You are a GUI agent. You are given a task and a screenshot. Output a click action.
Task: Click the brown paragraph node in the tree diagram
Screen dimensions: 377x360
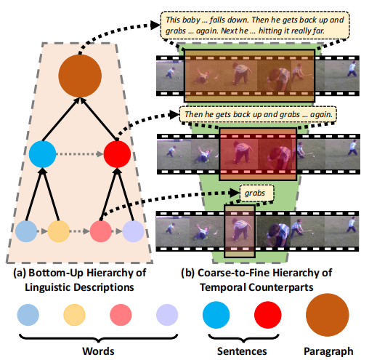80,76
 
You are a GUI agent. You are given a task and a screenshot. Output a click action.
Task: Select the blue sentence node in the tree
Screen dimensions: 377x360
42,154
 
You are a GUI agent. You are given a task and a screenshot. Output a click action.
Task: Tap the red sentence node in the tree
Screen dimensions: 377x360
117,154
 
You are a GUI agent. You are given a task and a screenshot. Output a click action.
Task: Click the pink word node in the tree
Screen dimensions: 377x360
101,231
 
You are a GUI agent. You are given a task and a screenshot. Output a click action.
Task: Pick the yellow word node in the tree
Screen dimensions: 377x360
59,231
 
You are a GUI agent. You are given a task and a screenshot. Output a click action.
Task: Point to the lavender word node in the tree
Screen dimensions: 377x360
133,231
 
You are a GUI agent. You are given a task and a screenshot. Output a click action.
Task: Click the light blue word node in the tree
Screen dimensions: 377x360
26,231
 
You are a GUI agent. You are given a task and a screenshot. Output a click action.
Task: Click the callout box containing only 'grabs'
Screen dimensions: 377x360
256,193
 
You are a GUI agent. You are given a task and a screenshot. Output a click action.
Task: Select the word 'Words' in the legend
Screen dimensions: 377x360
98,351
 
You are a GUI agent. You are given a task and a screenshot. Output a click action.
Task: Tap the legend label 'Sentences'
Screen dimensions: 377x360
242,351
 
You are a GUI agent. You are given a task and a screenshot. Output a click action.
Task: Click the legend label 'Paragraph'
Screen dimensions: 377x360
328,351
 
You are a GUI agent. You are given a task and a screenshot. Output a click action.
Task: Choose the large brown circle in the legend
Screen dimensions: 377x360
328,315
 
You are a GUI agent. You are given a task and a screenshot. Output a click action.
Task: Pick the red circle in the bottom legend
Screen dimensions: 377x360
268,315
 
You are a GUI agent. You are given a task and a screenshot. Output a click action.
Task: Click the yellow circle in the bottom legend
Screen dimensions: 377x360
74,315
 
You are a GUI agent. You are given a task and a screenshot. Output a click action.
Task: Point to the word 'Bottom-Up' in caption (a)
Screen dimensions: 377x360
56,273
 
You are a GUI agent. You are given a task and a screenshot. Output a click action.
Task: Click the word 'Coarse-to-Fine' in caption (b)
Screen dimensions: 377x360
243,273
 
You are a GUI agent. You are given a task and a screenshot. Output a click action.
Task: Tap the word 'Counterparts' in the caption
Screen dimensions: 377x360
281,288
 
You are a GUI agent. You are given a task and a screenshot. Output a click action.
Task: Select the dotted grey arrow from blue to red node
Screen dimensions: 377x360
80,154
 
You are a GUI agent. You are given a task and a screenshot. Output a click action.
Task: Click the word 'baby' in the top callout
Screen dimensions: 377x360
191,20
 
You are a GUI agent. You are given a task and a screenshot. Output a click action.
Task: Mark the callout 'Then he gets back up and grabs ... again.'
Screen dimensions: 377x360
258,114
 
